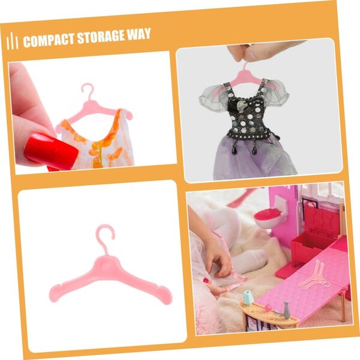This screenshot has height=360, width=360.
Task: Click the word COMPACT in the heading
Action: (x=49, y=40)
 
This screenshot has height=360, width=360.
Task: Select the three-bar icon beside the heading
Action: (x=13, y=41)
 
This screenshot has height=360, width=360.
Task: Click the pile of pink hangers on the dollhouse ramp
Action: (x=314, y=276)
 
